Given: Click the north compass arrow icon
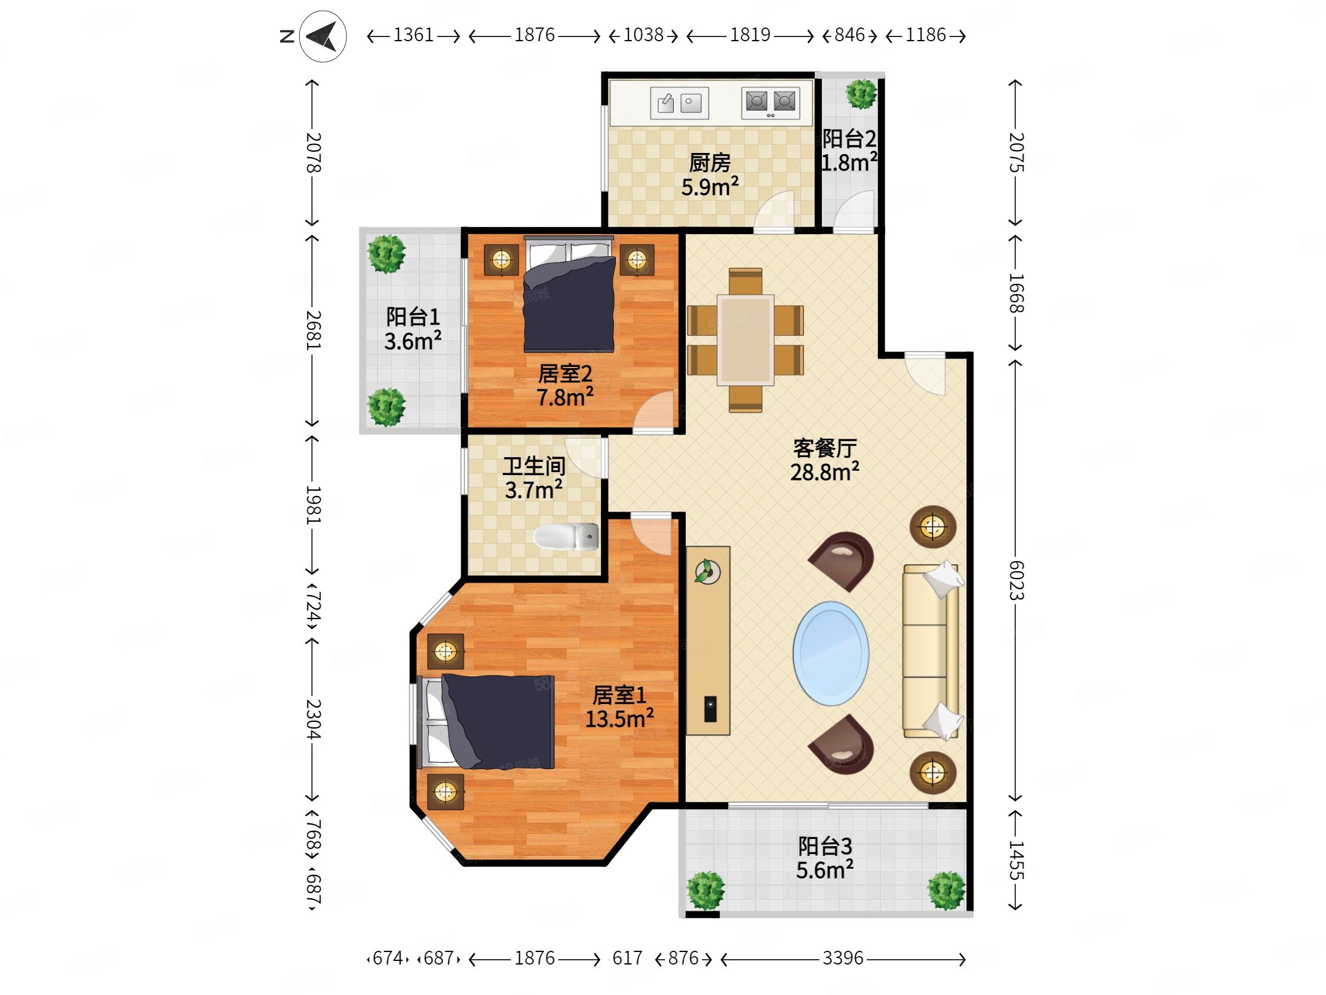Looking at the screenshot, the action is point(323,36).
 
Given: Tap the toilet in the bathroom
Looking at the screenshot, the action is point(565,537).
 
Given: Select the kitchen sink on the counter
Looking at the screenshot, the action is point(679,103).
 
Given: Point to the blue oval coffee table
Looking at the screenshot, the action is point(831,653).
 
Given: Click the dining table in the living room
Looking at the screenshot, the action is point(745,339).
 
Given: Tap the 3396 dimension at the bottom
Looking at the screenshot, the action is point(842,959).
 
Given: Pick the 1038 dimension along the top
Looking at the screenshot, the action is point(643,35).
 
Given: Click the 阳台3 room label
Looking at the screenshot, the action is point(824,846).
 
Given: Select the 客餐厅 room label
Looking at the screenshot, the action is point(824,448).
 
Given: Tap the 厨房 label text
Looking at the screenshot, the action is point(710,163).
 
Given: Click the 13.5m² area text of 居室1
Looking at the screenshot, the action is point(619,718).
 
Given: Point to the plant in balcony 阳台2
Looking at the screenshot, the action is point(861,93).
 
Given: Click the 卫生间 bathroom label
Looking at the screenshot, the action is point(533,466).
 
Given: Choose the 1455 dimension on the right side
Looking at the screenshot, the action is point(1016,860).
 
